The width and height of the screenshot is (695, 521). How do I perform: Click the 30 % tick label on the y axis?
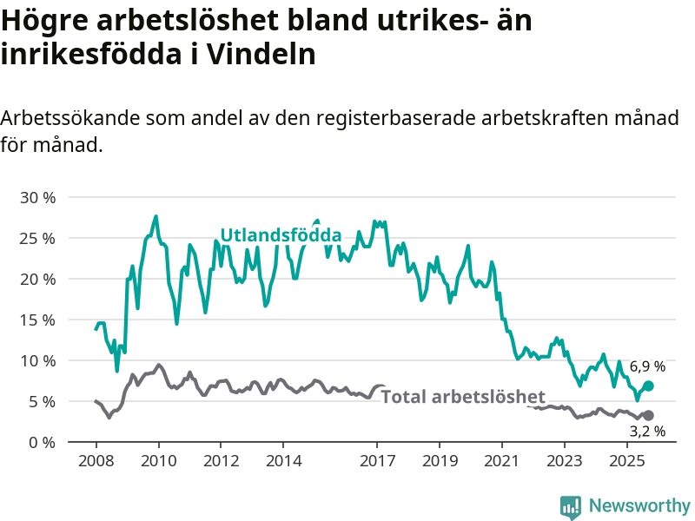click(37, 197)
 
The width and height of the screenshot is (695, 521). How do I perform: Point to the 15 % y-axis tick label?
click(37, 320)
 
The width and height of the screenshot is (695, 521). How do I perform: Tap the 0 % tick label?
click(42, 442)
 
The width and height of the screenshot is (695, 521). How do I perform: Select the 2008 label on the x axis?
click(96, 460)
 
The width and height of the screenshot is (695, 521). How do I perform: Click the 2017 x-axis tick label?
click(377, 460)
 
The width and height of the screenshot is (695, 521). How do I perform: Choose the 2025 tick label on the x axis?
click(627, 460)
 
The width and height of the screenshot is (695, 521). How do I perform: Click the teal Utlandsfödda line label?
click(280, 235)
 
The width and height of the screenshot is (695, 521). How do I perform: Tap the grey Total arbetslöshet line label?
click(463, 397)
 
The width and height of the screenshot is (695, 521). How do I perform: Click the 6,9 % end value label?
click(647, 366)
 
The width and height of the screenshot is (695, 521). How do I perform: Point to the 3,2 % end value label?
click(647, 431)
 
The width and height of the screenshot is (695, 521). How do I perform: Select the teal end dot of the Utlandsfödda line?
click(648, 386)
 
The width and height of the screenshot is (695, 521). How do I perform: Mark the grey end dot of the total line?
click(648, 416)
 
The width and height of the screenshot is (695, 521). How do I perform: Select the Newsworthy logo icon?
click(571, 505)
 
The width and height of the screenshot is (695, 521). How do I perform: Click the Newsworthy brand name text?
click(639, 505)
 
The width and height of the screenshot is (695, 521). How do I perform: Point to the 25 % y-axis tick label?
click(37, 238)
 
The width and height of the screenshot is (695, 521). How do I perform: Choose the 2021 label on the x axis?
click(502, 460)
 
